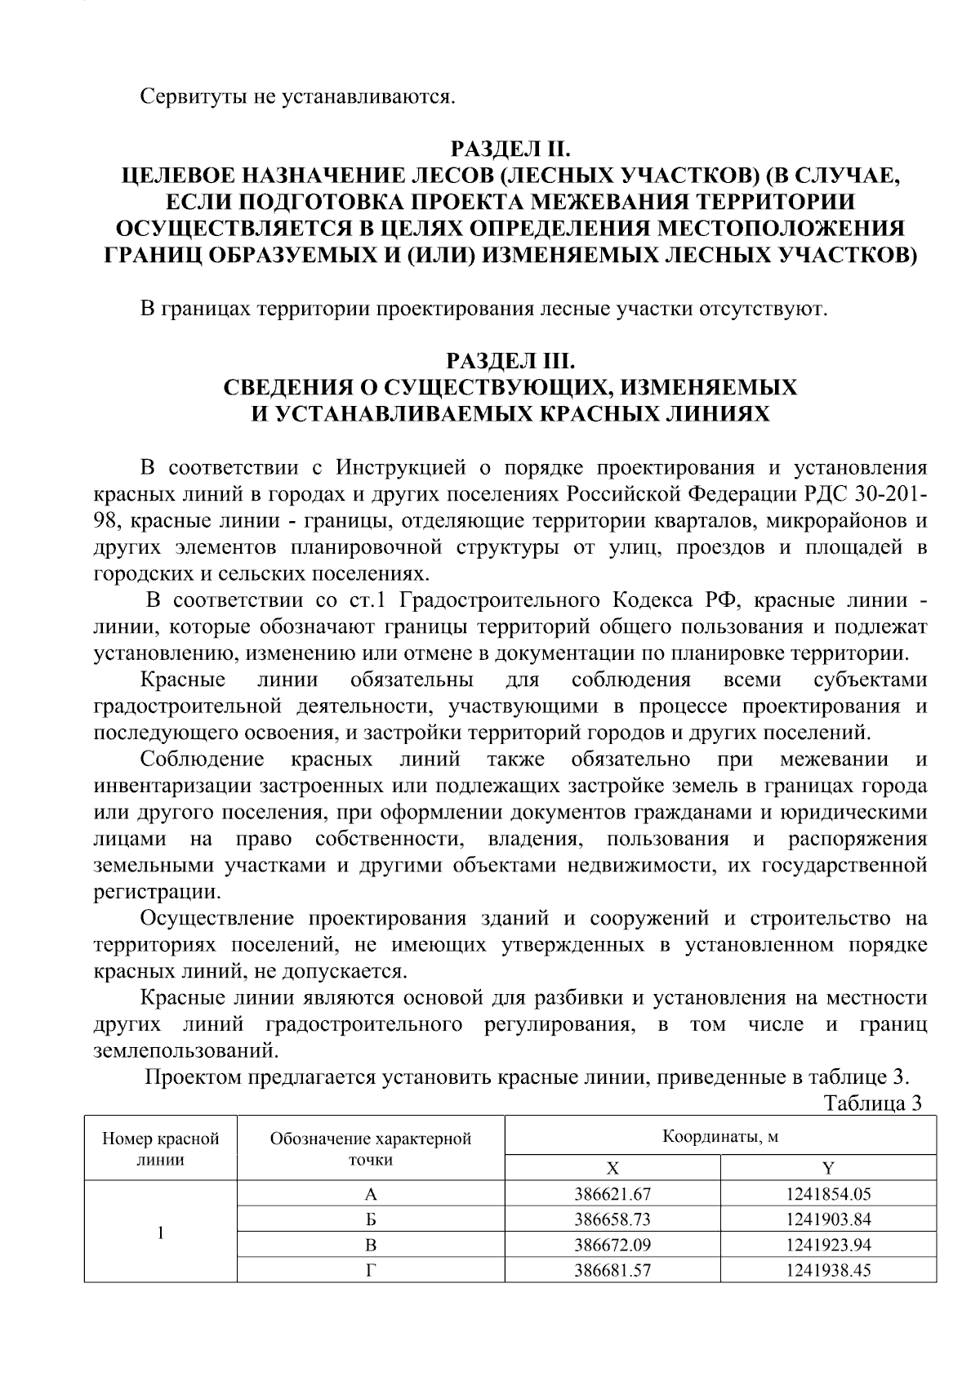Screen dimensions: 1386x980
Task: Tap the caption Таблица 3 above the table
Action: (x=872, y=1103)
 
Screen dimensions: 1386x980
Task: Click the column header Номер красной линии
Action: (x=160, y=1148)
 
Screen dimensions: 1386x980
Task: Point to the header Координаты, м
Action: (x=719, y=1136)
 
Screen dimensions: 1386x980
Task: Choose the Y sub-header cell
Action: (x=827, y=1167)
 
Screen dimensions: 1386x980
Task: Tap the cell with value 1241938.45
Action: (x=827, y=1271)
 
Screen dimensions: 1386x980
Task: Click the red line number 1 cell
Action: (x=160, y=1232)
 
